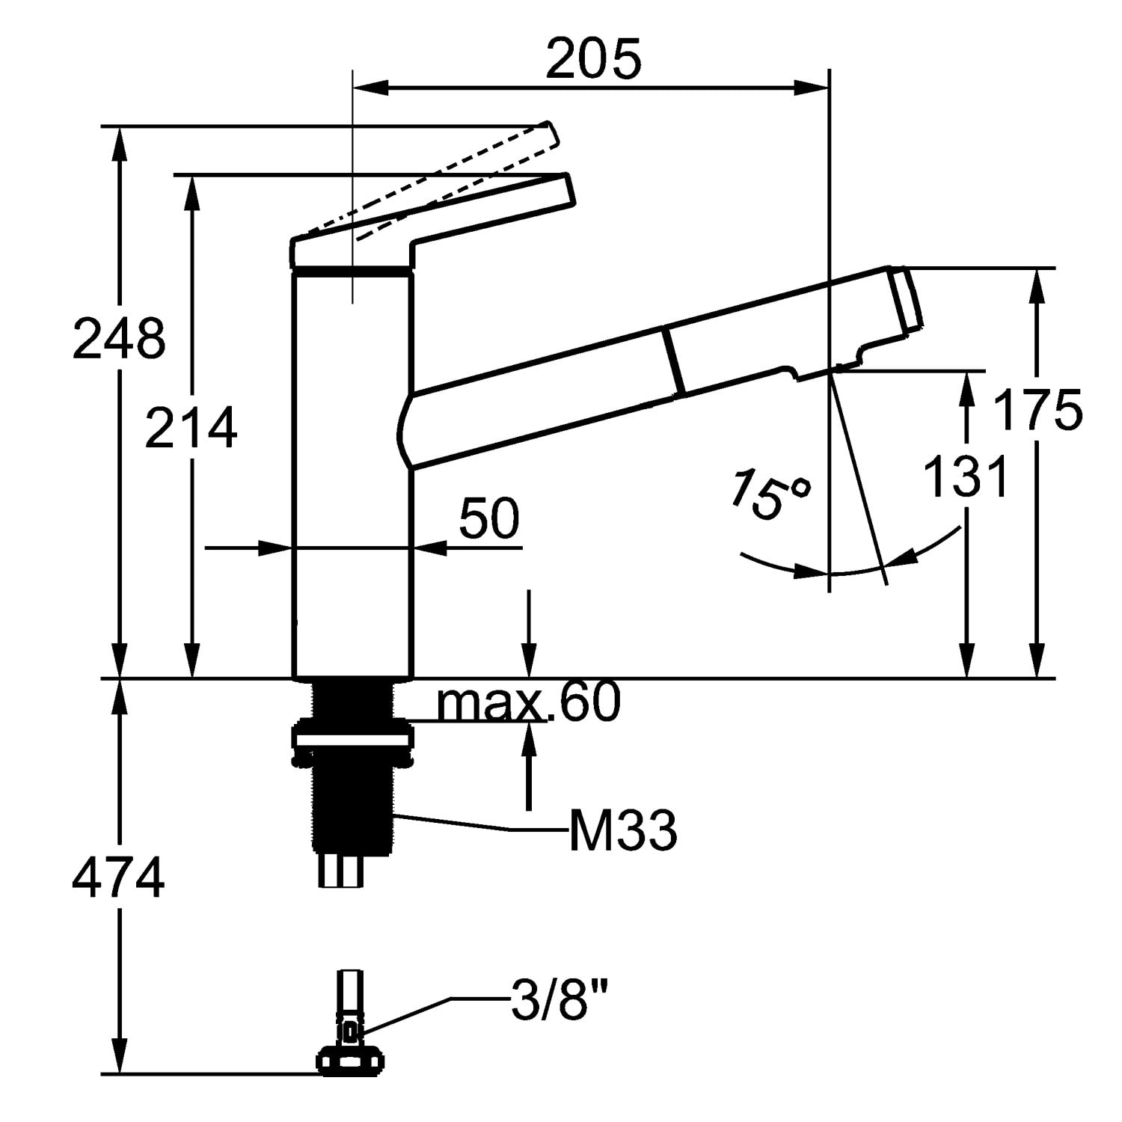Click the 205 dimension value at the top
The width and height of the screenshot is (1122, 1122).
tap(593, 59)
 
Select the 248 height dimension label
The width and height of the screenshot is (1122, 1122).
tap(119, 339)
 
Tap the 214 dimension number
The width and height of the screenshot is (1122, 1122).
tap(191, 427)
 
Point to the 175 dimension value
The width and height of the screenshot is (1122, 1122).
tap(1037, 410)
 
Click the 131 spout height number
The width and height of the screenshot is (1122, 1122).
tap(966, 476)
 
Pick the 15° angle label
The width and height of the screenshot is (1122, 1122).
tap(770, 494)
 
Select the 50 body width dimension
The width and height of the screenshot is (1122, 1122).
tap(489, 518)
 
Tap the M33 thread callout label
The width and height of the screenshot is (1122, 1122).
tap(623, 831)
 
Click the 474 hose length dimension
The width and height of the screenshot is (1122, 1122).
tap(118, 878)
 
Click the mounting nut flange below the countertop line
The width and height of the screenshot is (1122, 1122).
tap(351, 741)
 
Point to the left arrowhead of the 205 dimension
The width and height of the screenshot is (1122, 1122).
tap(370, 88)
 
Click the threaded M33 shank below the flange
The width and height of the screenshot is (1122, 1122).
tap(351, 808)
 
